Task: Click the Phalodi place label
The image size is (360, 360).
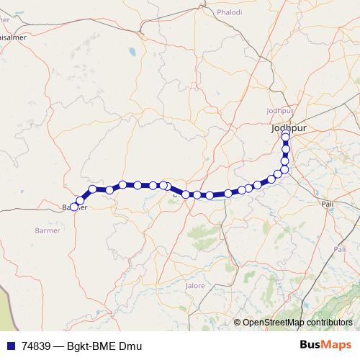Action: [230, 12]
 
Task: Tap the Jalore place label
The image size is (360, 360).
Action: [195, 286]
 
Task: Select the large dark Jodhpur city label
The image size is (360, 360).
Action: [289, 128]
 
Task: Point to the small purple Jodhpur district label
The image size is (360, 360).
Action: [281, 110]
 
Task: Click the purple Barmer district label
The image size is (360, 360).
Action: [48, 230]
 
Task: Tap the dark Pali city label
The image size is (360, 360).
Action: [330, 204]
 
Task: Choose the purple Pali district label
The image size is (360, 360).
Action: [340, 249]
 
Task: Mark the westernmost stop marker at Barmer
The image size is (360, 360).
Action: [74, 207]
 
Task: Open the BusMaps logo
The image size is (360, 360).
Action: [326, 346]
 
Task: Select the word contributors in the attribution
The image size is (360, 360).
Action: [330, 323]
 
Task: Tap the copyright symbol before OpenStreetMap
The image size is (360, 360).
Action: [238, 323]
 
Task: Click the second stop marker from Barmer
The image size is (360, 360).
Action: [81, 200]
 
